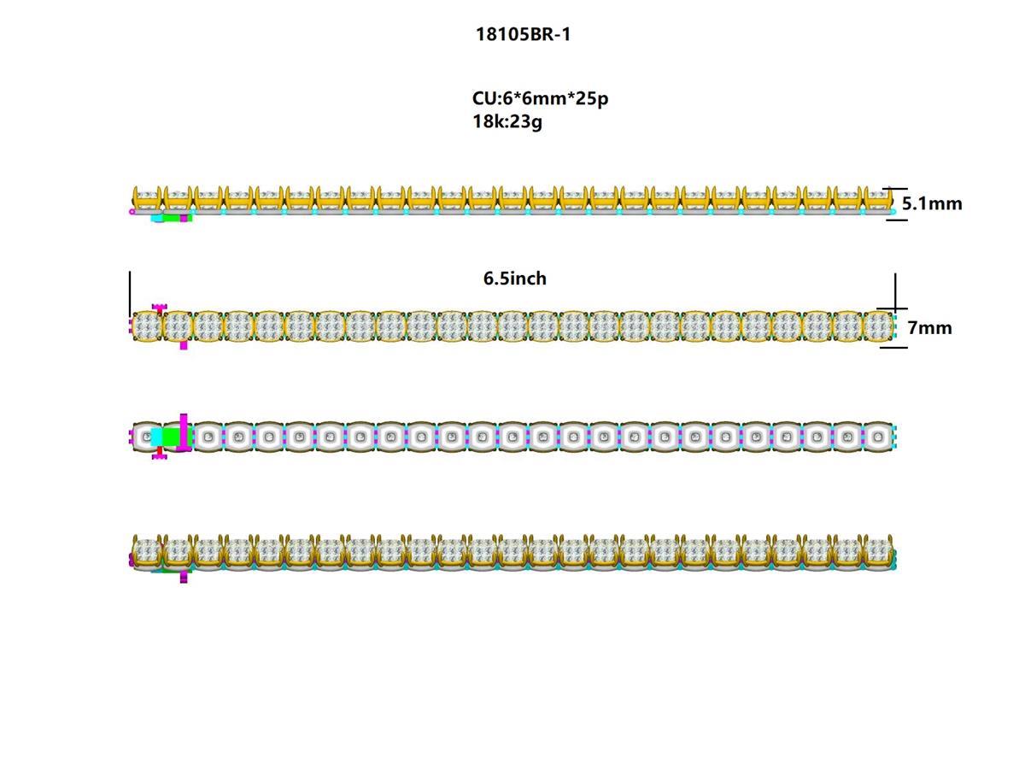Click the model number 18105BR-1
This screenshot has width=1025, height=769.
click(x=523, y=34)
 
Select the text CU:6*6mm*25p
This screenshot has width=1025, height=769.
click(x=540, y=98)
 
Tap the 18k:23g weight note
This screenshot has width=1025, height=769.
click(x=507, y=121)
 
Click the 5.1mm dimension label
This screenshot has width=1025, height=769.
click(x=932, y=203)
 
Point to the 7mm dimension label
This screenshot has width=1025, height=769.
click(x=929, y=327)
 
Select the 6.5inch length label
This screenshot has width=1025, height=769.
click(x=515, y=279)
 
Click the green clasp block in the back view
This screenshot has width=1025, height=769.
click(x=171, y=437)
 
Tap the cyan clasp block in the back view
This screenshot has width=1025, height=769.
click(x=155, y=437)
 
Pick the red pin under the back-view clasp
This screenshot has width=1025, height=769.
click(x=159, y=450)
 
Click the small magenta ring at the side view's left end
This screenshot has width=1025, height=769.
click(x=132, y=211)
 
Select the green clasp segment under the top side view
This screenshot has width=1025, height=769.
click(x=171, y=218)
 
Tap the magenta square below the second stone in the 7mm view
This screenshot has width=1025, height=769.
click(x=184, y=345)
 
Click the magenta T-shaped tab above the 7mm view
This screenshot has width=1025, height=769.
click(x=159, y=307)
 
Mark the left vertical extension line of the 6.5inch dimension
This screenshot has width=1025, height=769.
click(x=130, y=295)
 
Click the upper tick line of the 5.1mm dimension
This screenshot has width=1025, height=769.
click(x=895, y=188)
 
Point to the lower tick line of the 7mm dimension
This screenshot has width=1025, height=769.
click(x=893, y=347)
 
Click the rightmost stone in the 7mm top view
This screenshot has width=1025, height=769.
click(x=877, y=326)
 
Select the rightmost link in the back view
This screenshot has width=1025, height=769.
click(x=878, y=437)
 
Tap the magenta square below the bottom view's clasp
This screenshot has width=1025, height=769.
click(x=184, y=578)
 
